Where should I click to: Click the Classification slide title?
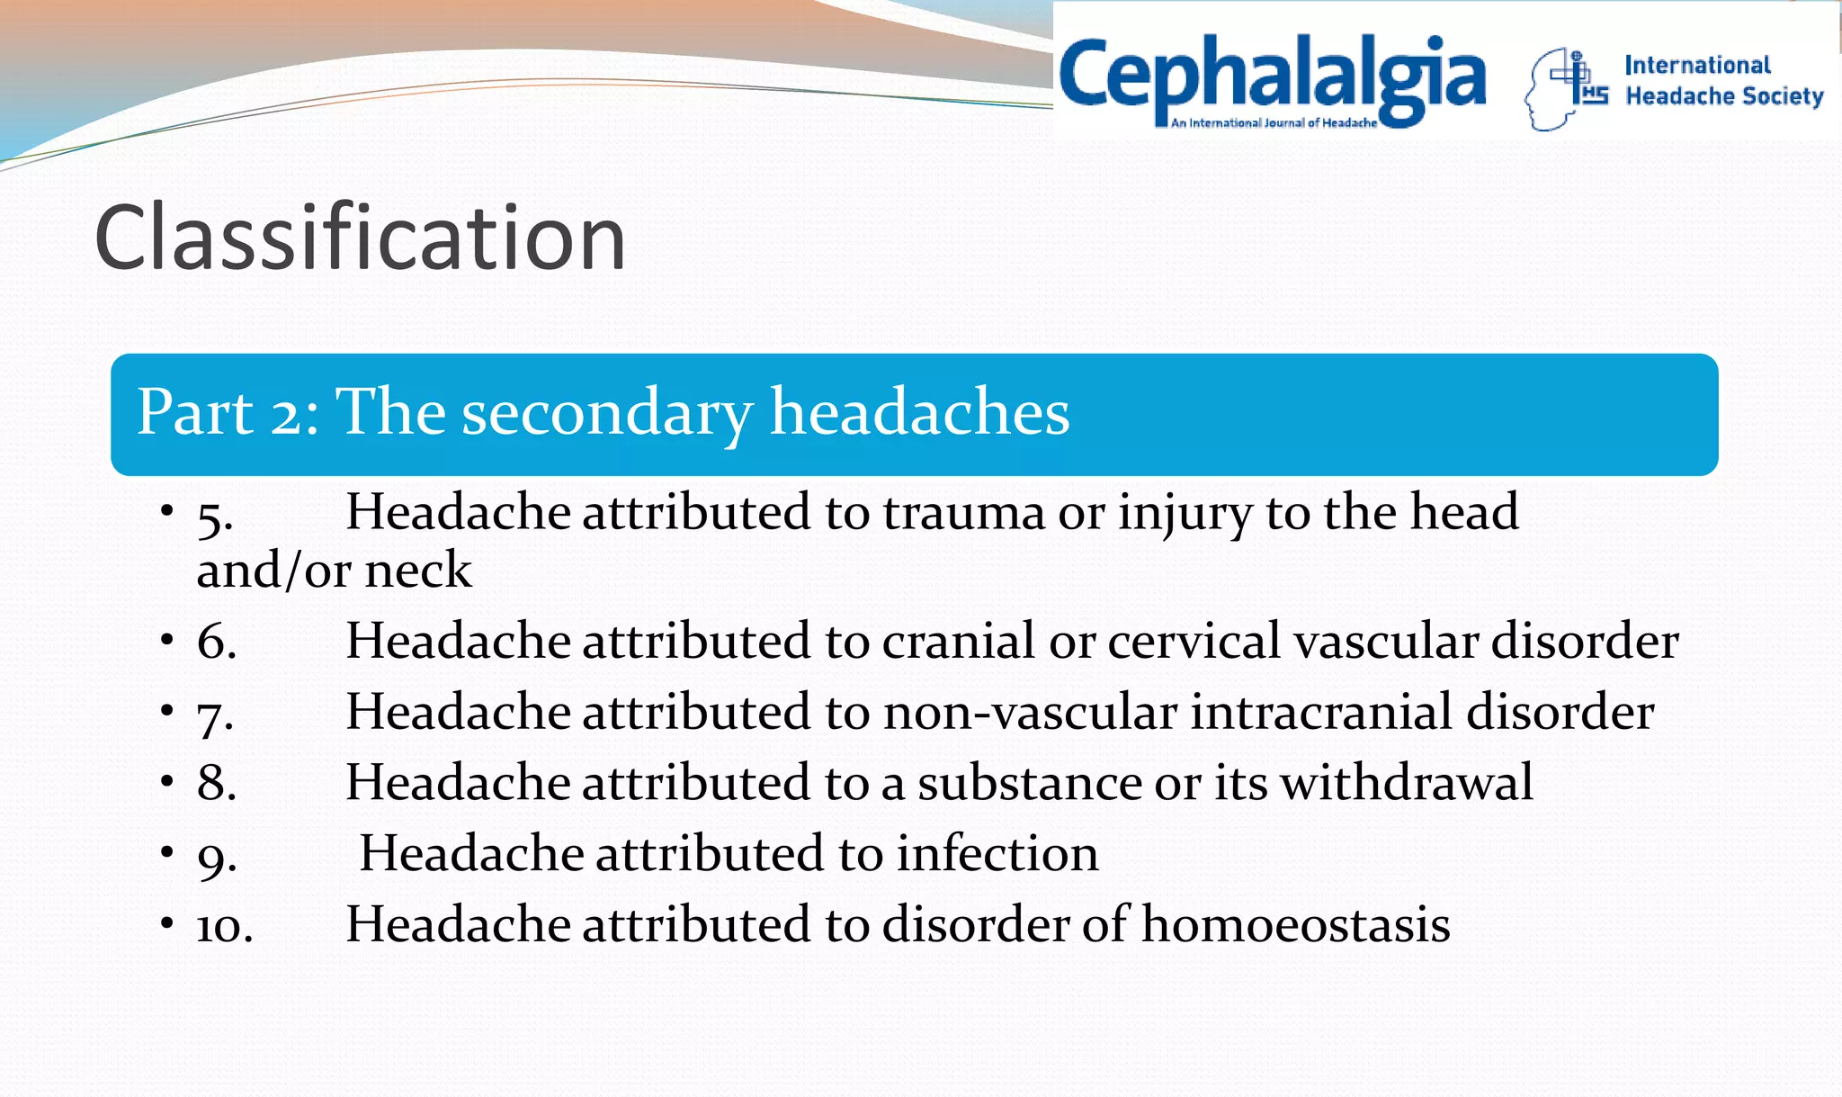pos(360,238)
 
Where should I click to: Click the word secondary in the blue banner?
pos(607,414)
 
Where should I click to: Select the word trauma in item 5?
pos(963,513)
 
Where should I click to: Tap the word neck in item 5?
pos(417,571)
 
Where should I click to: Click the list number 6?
pos(217,642)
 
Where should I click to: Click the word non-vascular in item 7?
pos(1030,713)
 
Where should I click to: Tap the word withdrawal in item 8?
pos(1407,783)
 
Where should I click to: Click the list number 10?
pos(225,926)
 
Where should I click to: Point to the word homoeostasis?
pos(1295,925)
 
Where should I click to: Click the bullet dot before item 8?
pos(167,781)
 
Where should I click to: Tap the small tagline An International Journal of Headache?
pos(1273,123)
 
